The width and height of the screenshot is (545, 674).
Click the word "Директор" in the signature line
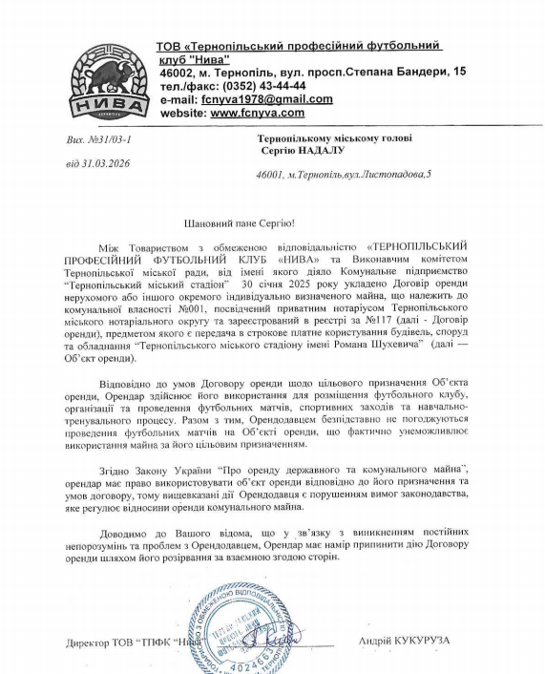[84, 641]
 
